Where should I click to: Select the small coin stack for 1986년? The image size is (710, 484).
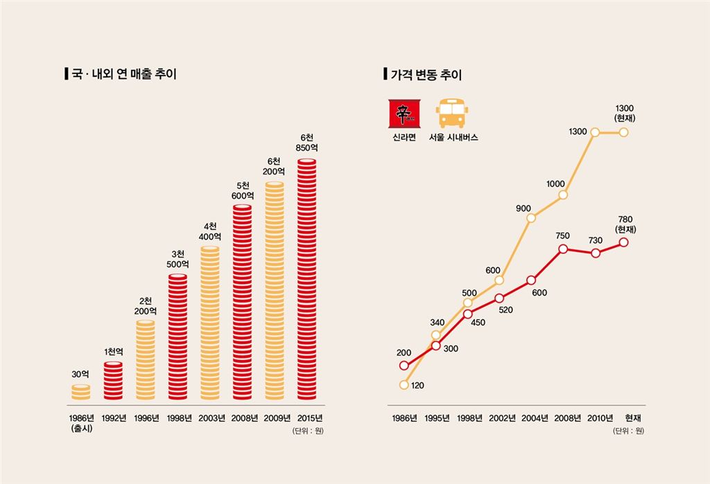point(80,392)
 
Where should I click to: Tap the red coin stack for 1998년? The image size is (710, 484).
point(177,337)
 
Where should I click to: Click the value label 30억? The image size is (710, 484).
point(80,374)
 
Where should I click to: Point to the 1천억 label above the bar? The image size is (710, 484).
point(114,352)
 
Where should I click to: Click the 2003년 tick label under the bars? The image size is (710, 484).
point(211,418)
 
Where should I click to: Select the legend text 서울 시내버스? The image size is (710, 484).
point(453,137)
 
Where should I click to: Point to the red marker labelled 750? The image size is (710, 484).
point(563,248)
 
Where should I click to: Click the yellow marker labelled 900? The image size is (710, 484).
point(531,218)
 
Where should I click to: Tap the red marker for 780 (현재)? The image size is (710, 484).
point(624,242)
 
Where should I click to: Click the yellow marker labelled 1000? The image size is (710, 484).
point(563,195)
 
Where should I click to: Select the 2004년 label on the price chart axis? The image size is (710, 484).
point(535,418)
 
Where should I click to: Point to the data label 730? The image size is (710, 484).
point(596,240)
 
